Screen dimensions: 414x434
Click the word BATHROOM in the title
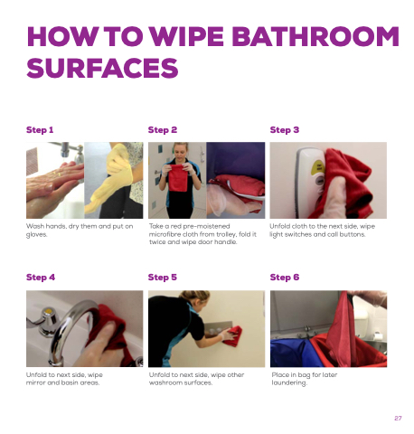pyautogui.click(x=315, y=36)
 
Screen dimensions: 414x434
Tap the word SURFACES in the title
pyautogui.click(x=102, y=68)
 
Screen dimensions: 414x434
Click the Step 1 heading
pyautogui.click(x=40, y=130)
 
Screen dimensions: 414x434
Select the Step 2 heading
pyautogui.click(x=163, y=130)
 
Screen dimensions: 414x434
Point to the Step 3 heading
pyautogui.click(x=285, y=130)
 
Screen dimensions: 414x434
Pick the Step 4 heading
pyautogui.click(x=41, y=278)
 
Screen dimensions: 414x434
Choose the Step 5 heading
pyautogui.click(x=163, y=278)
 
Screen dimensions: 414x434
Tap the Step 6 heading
pyautogui.click(x=285, y=278)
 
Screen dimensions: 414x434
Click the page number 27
pyautogui.click(x=398, y=418)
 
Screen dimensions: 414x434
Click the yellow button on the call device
pyautogui.click(x=318, y=166)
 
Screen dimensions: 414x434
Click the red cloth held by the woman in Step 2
pyautogui.click(x=177, y=177)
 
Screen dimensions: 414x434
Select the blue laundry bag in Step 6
pyautogui.click(x=294, y=353)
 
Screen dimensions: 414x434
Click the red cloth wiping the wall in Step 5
pyautogui.click(x=234, y=335)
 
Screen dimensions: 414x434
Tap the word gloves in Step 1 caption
pyautogui.click(x=36, y=234)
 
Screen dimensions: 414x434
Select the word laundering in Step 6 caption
pyautogui.click(x=288, y=382)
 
